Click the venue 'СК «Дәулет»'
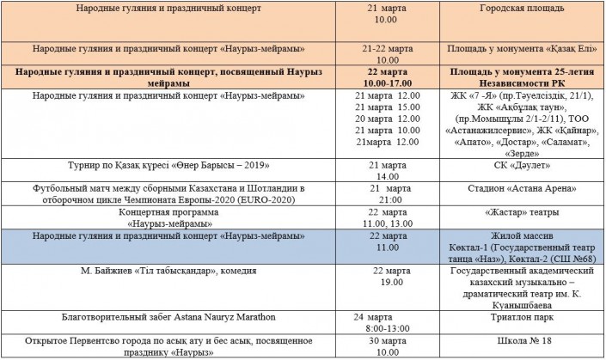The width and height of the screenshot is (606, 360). click(x=522, y=163)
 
